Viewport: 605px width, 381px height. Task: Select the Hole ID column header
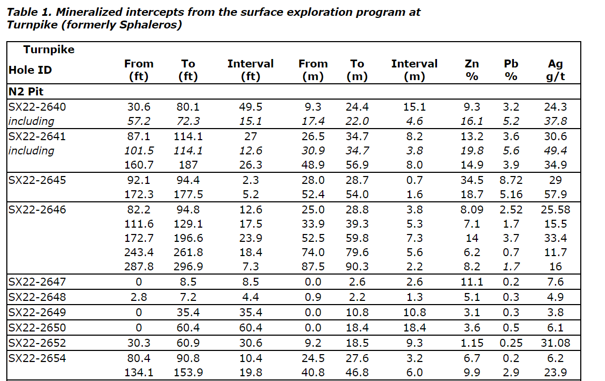pyautogui.click(x=30, y=70)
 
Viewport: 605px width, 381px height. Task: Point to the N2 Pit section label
pyautogui.click(x=26, y=92)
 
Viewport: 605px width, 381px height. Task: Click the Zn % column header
pyautogui.click(x=472, y=70)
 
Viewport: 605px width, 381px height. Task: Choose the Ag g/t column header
pyautogui.click(x=555, y=70)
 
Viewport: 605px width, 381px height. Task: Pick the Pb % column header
pyautogui.click(x=511, y=70)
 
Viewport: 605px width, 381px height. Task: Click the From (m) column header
pyautogui.click(x=313, y=70)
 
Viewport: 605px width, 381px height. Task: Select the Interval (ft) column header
pyautogui.click(x=250, y=70)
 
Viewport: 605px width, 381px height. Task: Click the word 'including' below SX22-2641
pyautogui.click(x=31, y=151)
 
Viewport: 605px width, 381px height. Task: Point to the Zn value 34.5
pyautogui.click(x=472, y=180)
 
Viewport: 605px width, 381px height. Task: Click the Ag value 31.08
pyautogui.click(x=555, y=343)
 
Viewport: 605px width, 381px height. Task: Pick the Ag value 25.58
pyautogui.click(x=555, y=210)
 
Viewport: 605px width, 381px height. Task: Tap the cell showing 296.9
pyautogui.click(x=188, y=267)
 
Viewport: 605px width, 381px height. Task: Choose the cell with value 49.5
pyautogui.click(x=250, y=107)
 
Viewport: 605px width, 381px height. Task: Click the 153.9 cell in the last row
pyautogui.click(x=188, y=373)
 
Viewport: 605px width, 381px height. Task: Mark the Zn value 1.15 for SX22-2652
pyautogui.click(x=472, y=343)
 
